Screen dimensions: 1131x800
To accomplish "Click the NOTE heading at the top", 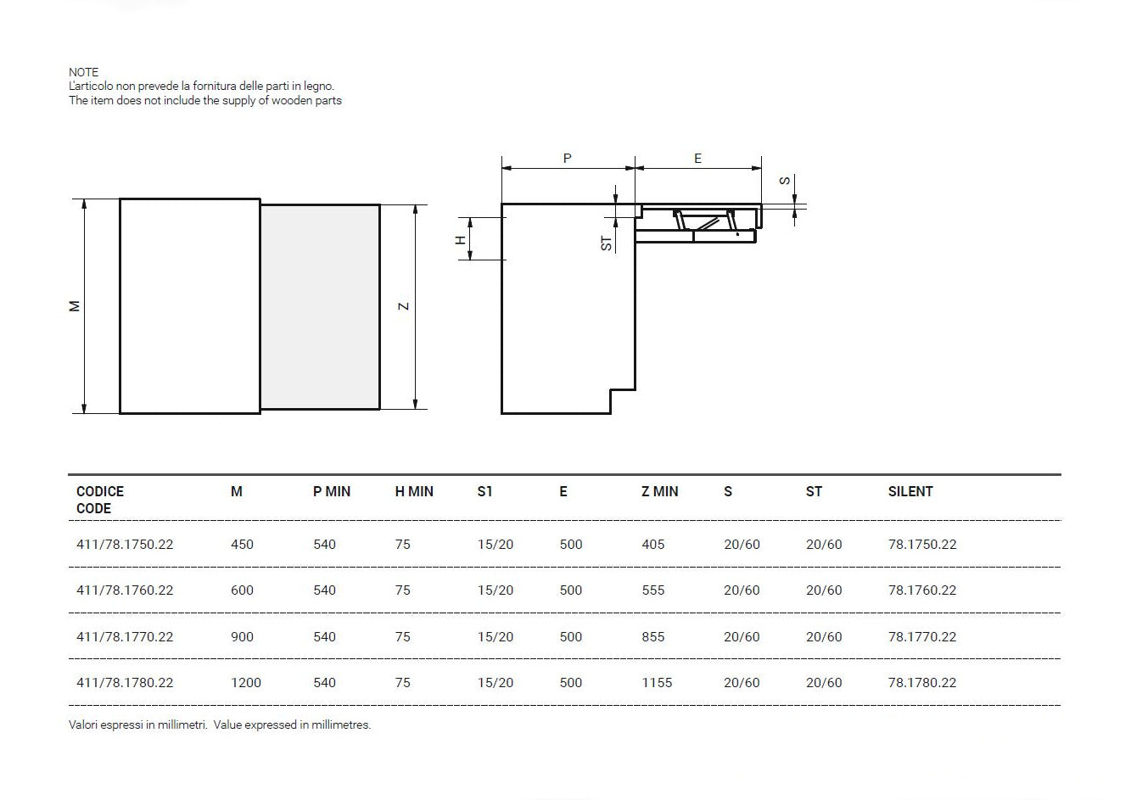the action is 83,72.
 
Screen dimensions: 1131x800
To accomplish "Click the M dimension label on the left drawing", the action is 75,306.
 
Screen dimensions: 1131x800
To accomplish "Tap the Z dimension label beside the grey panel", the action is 403,306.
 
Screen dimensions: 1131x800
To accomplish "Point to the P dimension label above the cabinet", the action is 568,159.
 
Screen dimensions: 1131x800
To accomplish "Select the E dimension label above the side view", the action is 697,159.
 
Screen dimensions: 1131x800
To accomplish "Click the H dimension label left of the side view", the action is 461,240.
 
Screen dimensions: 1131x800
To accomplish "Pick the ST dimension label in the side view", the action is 607,243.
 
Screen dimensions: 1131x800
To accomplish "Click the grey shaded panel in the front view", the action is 320,307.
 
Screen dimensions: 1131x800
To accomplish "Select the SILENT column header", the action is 910,491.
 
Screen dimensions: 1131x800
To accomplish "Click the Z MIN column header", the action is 660,491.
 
